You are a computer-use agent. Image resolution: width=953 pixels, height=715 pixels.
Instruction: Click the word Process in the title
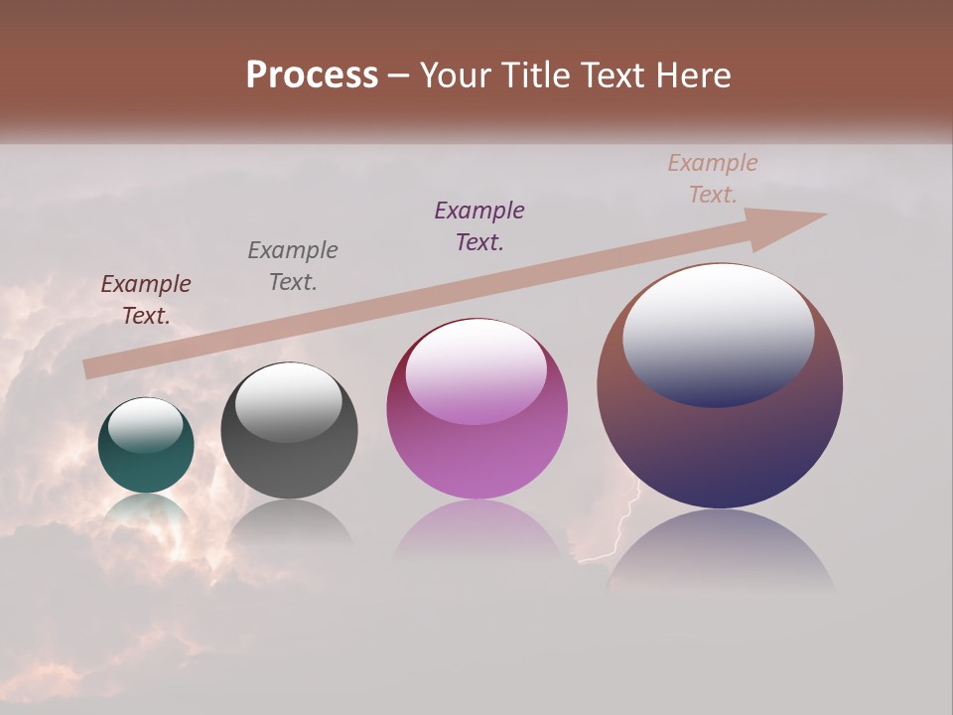[312, 75]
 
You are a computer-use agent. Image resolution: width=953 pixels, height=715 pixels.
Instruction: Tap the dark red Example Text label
[146, 300]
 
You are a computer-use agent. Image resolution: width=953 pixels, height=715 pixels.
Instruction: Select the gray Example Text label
[293, 265]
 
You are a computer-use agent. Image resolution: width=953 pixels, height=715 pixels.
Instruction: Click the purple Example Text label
[479, 225]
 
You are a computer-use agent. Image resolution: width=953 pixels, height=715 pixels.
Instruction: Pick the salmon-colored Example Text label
[713, 179]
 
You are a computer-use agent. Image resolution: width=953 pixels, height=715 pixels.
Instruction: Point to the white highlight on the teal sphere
[145, 425]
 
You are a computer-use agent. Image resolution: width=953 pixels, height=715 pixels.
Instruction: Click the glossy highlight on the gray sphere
[288, 402]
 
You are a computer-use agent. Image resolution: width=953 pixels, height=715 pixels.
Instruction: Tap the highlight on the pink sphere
[476, 371]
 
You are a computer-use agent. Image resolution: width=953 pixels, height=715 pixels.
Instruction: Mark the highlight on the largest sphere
[719, 336]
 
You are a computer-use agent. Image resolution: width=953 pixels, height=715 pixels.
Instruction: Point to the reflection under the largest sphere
[720, 551]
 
